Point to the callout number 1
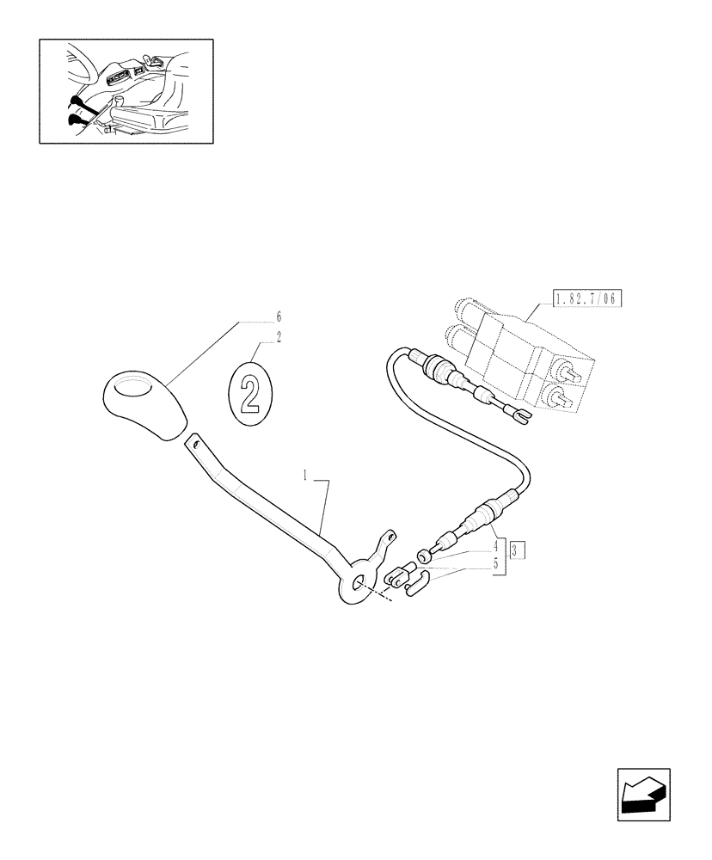pos(305,474)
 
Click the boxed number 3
pos(513,549)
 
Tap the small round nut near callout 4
pos(424,555)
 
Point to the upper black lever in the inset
pos(77,105)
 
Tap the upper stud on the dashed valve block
pos(568,373)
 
